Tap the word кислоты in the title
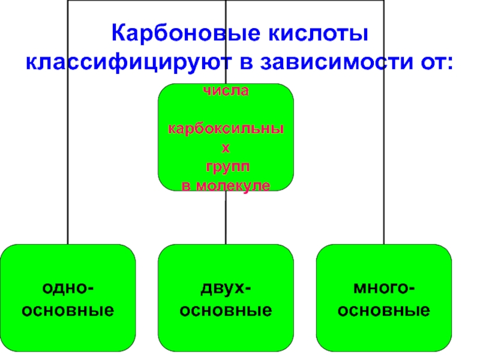[314, 34]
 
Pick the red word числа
[226, 92]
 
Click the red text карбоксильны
[226, 128]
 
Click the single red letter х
[226, 146]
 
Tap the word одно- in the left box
[68, 290]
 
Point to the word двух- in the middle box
[226, 290]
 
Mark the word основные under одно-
[68, 311]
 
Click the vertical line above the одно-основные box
[67, 150]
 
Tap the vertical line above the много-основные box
[383, 150]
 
